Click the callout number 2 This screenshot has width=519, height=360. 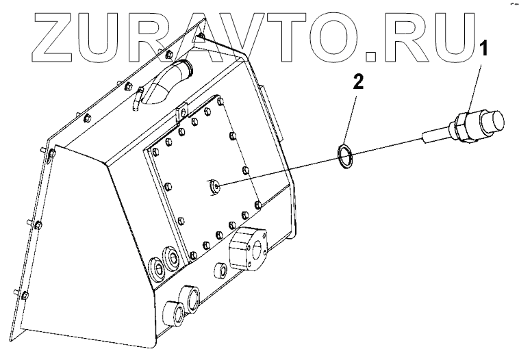tap(357, 84)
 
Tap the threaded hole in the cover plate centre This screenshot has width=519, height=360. tap(215, 185)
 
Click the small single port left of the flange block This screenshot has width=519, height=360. tap(222, 269)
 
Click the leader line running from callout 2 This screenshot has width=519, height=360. tap(351, 116)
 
